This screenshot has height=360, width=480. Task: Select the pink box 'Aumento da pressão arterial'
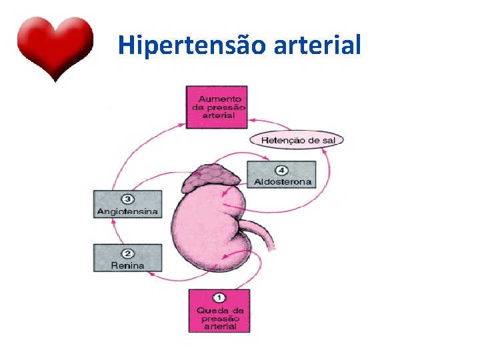[217, 107]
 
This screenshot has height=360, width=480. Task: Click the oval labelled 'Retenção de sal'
[297, 140]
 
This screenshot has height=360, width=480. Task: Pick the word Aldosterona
[283, 182]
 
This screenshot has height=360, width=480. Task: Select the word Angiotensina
[128, 212]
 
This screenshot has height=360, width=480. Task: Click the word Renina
[128, 265]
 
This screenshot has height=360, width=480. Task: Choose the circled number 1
[219, 298]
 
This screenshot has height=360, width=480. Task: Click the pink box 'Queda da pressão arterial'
[219, 311]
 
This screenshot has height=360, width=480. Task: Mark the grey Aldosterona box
[281, 175]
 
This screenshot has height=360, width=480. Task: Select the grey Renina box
[128, 258]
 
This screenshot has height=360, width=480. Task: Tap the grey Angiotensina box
[128, 204]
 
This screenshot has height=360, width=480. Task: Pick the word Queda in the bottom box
[210, 310]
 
